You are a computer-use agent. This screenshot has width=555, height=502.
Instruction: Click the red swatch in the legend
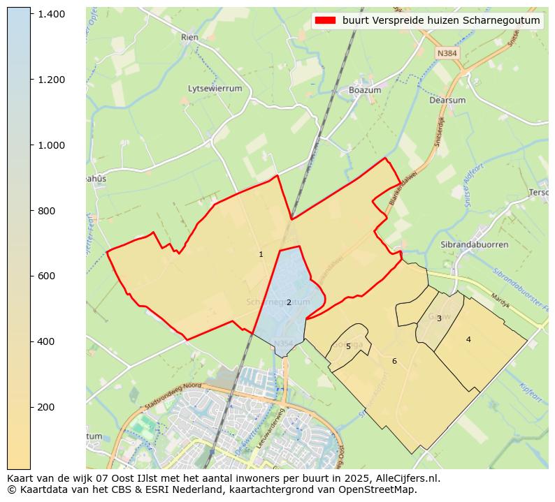click(326, 21)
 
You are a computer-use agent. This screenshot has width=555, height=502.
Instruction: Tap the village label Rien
click(189, 37)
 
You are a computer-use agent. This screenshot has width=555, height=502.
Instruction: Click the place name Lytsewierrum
click(215, 89)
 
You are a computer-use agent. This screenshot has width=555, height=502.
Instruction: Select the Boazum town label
click(365, 91)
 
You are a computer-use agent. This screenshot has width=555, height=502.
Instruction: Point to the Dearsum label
click(447, 100)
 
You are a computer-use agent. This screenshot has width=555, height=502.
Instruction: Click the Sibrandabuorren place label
click(475, 245)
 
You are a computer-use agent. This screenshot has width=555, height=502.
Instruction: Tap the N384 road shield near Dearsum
click(446, 54)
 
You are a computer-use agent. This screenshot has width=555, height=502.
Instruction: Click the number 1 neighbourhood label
click(261, 255)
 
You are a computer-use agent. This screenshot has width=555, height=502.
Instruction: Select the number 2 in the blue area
click(288, 302)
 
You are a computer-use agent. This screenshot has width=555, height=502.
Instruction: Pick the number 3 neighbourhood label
click(439, 318)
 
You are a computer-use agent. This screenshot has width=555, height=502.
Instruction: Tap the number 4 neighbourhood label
click(468, 339)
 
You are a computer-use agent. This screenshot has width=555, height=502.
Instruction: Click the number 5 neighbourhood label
click(348, 346)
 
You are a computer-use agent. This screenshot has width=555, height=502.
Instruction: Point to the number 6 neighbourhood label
click(394, 361)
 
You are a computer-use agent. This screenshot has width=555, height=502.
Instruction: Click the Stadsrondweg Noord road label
click(173, 395)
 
